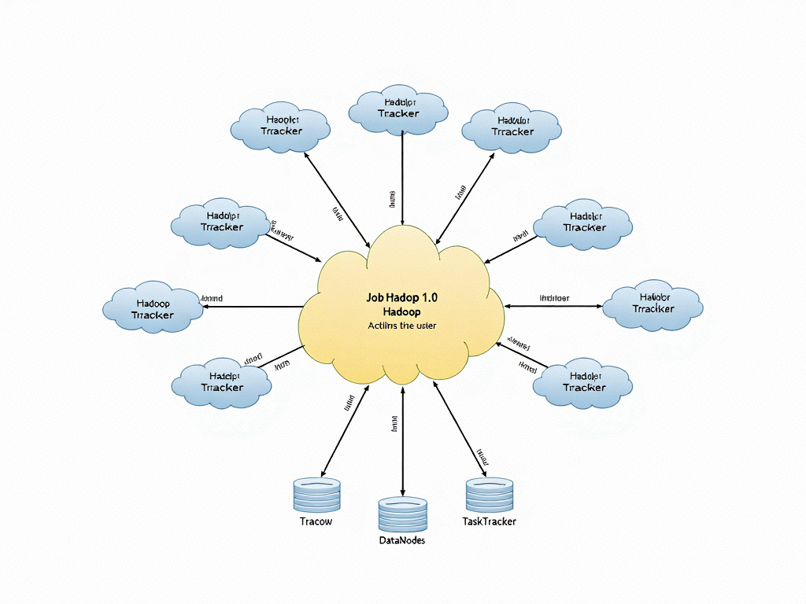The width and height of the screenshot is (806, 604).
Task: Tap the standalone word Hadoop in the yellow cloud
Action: point(401,312)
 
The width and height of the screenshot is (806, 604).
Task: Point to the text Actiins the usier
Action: point(401,326)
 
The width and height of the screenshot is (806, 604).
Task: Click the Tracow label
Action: point(316,521)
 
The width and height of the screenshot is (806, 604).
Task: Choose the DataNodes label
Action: point(402,540)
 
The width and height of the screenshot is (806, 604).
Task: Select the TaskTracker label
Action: point(490,521)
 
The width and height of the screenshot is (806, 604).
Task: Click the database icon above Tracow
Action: point(316,494)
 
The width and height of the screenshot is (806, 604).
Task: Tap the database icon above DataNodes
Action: point(402,514)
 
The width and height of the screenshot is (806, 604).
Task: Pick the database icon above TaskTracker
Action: point(490,494)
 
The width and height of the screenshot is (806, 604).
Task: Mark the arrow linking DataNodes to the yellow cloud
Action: point(403,440)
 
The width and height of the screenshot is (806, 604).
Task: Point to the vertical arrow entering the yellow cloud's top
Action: point(403,177)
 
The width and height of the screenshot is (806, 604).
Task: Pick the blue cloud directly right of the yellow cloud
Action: point(653,304)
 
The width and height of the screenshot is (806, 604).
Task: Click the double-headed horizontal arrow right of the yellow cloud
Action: point(553,306)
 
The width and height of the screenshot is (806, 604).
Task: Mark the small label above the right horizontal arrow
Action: point(554,298)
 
